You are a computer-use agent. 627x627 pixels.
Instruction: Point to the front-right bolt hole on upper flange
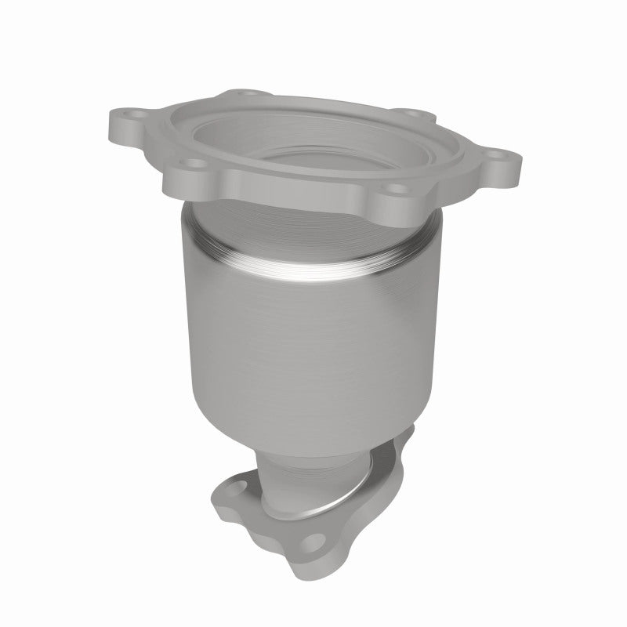[397, 188]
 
